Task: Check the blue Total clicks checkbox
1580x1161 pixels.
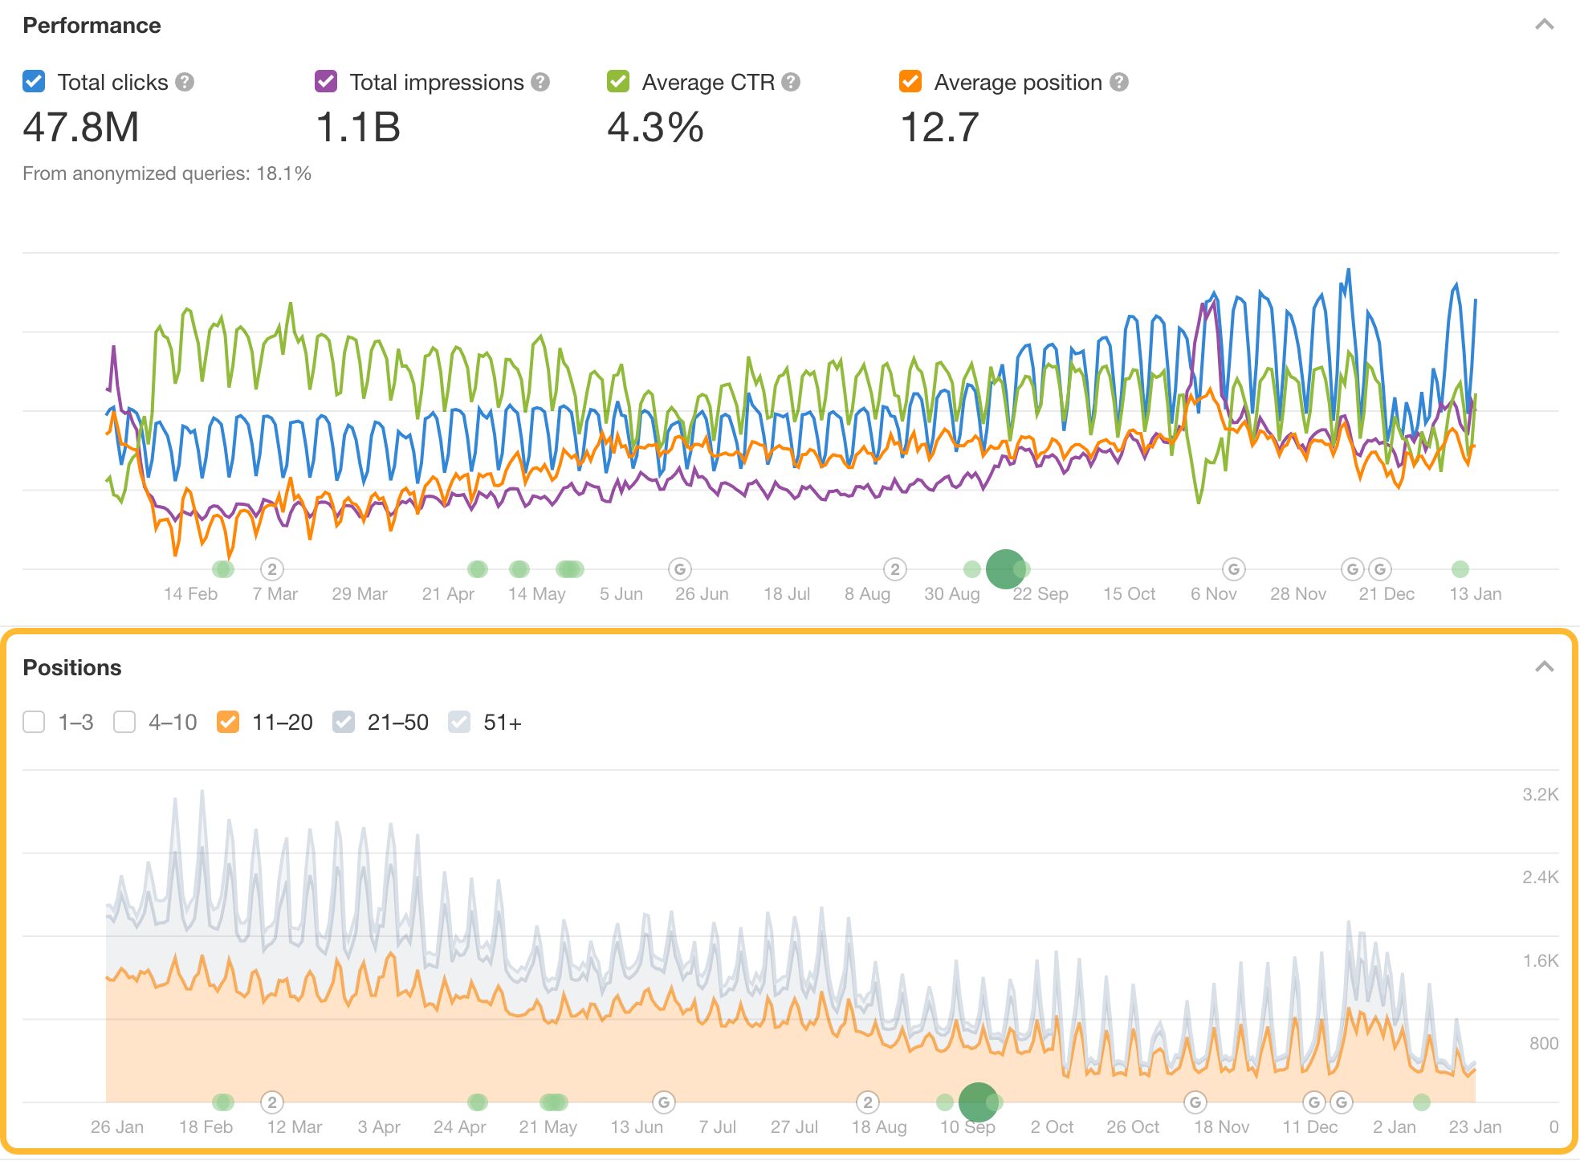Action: coord(34,82)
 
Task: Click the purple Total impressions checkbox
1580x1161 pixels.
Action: coord(326,82)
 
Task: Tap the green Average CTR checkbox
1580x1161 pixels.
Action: coord(618,82)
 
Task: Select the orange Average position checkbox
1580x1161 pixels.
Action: coord(910,82)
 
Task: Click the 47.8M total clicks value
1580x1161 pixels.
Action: coord(81,128)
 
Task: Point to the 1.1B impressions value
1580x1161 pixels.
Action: coord(358,128)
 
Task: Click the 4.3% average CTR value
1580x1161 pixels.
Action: coord(655,128)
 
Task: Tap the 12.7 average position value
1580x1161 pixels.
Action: coord(939,128)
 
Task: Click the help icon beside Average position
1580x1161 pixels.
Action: coord(1119,82)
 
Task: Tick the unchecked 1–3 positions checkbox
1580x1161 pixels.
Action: coord(34,722)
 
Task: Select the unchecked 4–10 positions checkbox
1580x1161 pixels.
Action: coord(124,722)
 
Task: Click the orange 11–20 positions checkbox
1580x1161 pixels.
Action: coord(228,722)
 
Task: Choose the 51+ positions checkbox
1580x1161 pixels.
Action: coord(459,722)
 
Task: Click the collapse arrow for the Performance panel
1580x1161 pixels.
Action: coord(1544,25)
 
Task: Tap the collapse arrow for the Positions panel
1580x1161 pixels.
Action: coord(1544,667)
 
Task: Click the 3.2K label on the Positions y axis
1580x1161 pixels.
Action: coord(1540,795)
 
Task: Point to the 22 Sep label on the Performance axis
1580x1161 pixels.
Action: coord(1040,594)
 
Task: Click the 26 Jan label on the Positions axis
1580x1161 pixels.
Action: coord(117,1127)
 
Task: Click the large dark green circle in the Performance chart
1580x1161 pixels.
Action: coord(1005,569)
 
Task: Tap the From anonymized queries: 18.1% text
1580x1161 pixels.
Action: coord(167,173)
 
